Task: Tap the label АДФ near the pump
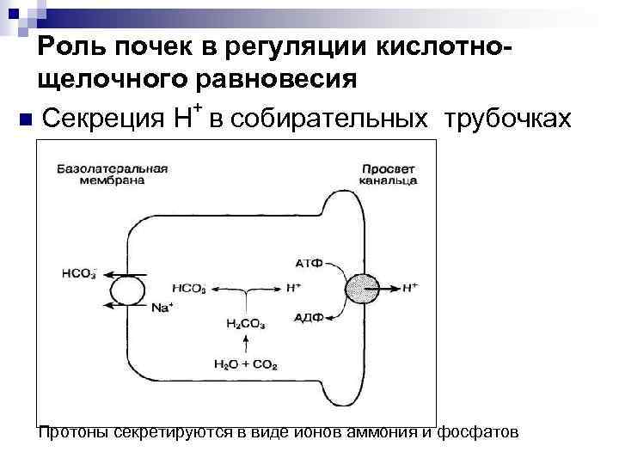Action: [308, 316]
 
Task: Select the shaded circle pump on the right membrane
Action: [360, 290]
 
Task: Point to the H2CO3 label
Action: [246, 325]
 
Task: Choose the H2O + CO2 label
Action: [246, 364]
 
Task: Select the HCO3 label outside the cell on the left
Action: [79, 274]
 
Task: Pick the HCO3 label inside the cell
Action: [188, 289]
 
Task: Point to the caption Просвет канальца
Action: [389, 174]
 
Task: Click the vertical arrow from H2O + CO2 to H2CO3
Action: [246, 345]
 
